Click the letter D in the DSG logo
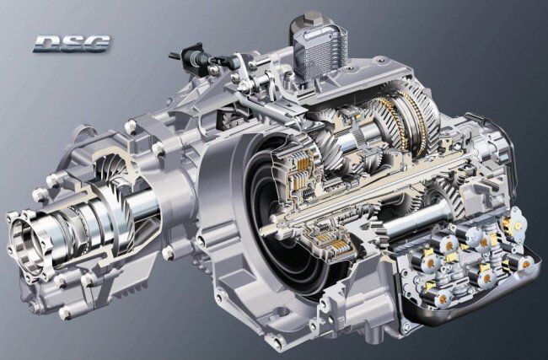point(47,44)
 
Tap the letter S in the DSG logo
point(72,44)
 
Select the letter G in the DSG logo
point(96,44)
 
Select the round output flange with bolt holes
point(26,244)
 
